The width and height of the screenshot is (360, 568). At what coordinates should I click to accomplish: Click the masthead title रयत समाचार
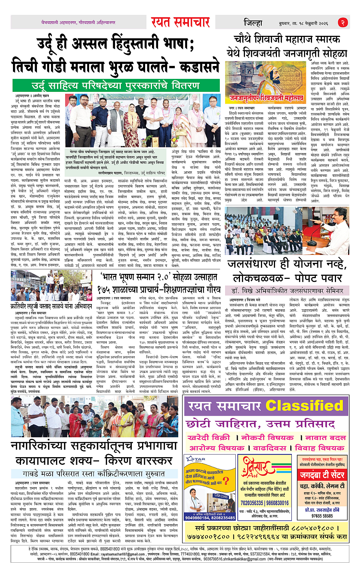tap(180, 23)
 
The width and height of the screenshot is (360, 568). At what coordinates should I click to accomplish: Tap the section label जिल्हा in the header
tap(253, 23)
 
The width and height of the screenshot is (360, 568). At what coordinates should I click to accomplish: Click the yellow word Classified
tap(304, 406)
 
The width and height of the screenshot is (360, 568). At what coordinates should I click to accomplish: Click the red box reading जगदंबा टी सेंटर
tap(322, 475)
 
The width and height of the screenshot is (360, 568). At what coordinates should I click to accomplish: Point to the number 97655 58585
tap(322, 516)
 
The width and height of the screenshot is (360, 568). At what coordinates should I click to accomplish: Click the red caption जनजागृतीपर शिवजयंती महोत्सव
tap(266, 99)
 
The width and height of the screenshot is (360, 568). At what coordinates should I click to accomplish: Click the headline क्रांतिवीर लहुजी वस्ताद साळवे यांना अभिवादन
tap(51, 306)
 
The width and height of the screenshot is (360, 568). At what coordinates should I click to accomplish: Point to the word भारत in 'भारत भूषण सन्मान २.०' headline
tap(112, 277)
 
